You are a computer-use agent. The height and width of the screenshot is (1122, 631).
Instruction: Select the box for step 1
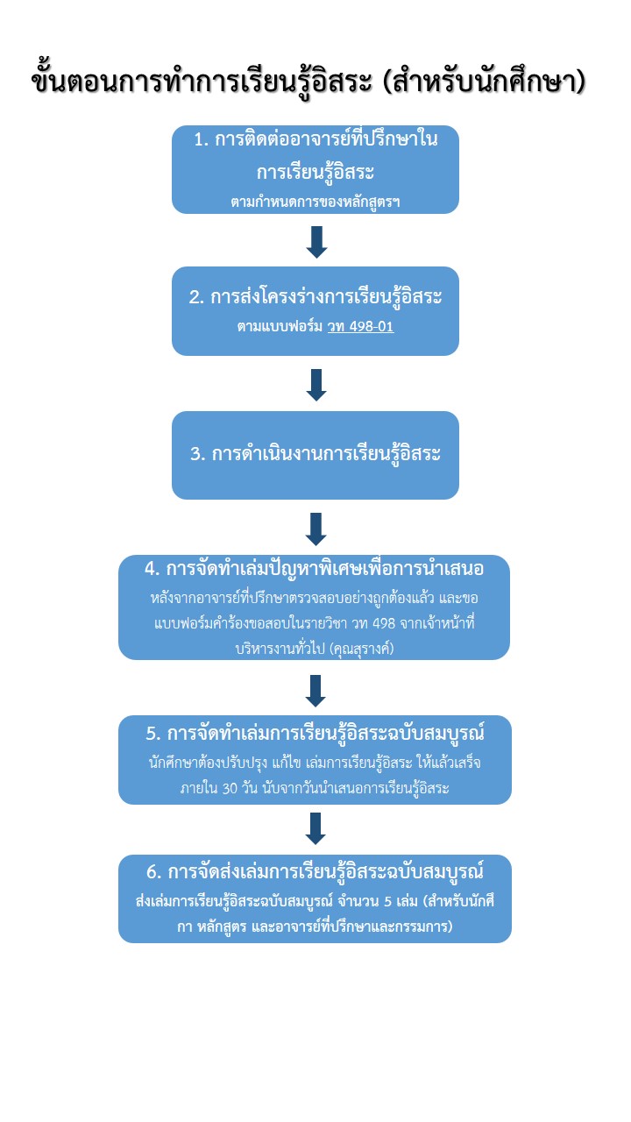(315, 169)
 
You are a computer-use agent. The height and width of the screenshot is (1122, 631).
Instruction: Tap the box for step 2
(315, 311)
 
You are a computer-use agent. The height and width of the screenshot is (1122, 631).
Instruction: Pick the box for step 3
(315, 455)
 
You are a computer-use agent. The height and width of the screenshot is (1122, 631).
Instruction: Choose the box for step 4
(314, 607)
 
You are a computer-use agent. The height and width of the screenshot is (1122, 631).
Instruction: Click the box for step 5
(315, 759)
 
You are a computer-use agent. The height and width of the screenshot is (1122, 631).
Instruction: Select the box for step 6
(315, 898)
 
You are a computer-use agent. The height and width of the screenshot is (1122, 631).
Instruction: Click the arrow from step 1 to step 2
(316, 242)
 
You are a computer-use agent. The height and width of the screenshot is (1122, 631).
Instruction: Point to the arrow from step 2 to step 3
(316, 385)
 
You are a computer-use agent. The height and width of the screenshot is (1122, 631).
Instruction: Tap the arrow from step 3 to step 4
(316, 529)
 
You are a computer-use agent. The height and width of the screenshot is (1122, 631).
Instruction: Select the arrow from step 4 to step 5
(315, 690)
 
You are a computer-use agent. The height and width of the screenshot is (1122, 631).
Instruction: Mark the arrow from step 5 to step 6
(315, 827)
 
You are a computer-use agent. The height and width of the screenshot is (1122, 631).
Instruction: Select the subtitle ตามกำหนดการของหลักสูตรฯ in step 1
(315, 202)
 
